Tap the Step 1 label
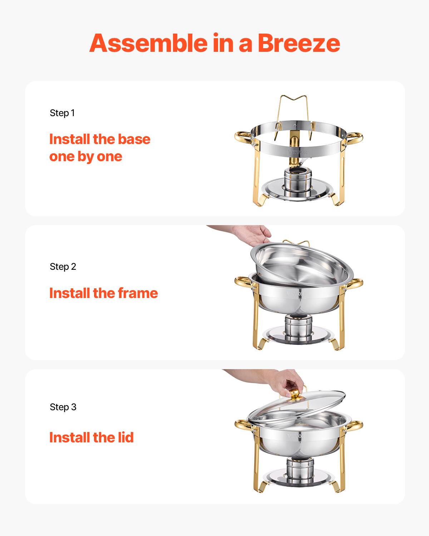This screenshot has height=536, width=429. coord(62,113)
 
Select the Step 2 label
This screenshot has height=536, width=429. coord(63,267)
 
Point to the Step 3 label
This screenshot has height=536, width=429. coord(63,407)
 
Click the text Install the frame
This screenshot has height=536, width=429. coord(103,293)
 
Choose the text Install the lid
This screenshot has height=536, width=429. coord(91,437)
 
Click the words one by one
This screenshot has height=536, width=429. coord(85,157)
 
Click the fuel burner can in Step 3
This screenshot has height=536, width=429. coord(300,468)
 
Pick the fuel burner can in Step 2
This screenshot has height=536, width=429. coord(298,328)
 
